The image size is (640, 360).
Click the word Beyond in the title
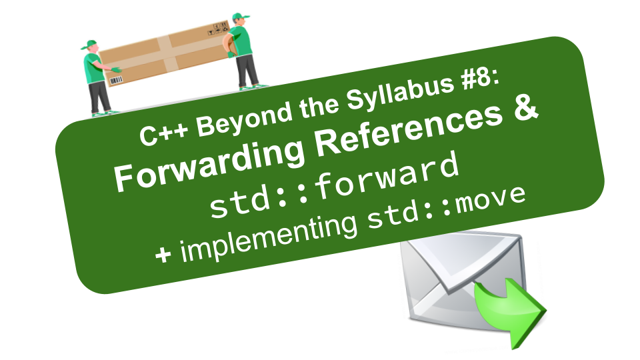(x=244, y=118)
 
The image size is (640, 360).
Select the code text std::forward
(x=334, y=185)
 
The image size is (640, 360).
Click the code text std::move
(x=446, y=207)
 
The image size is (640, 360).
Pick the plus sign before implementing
(x=163, y=255)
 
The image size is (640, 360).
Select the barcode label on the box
(x=116, y=81)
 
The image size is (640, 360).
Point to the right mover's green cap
(x=240, y=17)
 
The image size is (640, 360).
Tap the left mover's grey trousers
(x=99, y=97)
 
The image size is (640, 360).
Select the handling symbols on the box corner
(x=219, y=28)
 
